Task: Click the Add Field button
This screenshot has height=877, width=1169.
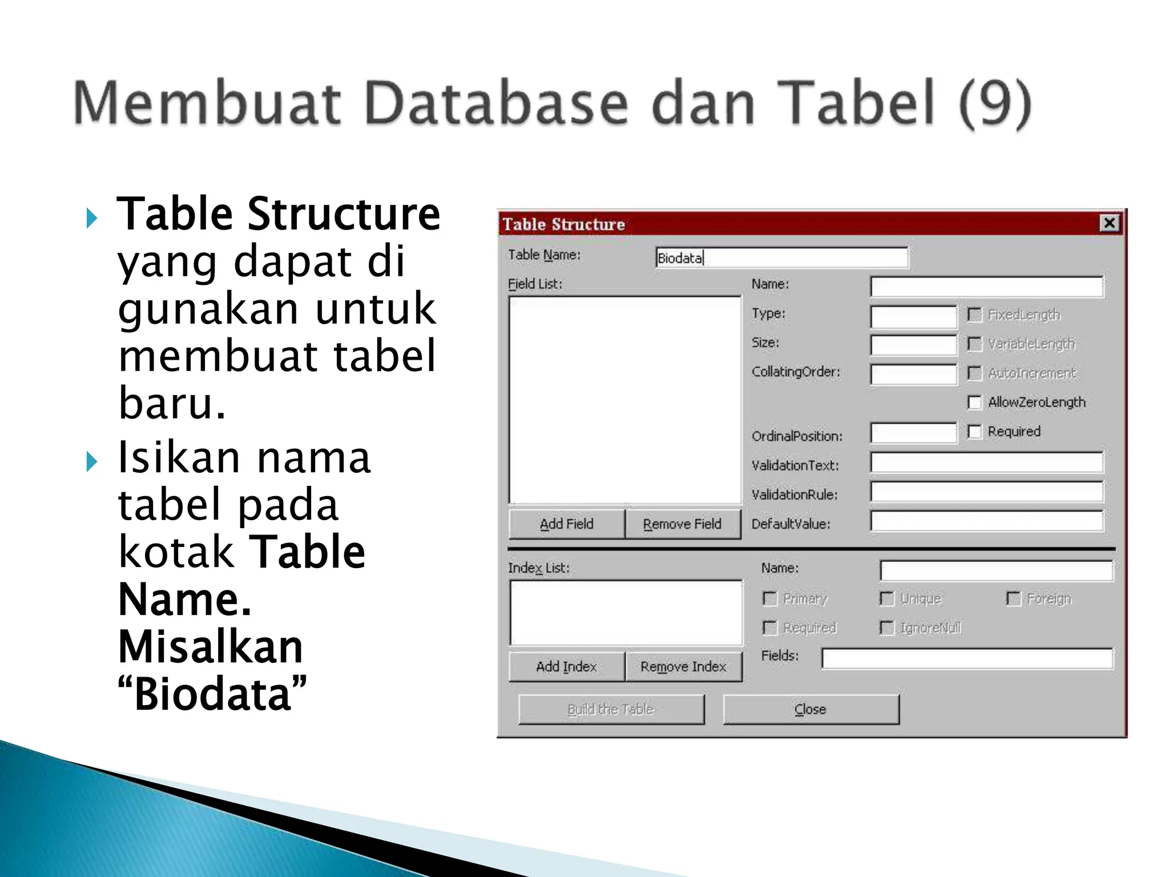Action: click(x=566, y=524)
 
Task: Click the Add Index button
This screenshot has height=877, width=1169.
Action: click(x=566, y=666)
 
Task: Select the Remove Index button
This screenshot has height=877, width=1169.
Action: click(x=683, y=666)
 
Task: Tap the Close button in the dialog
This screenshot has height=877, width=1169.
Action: click(x=811, y=709)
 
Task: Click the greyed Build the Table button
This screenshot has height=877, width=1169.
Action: click(x=611, y=709)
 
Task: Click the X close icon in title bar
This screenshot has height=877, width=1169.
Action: click(x=1109, y=223)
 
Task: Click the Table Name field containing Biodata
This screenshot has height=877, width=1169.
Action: click(x=781, y=258)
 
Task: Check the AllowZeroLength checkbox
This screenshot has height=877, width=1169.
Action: click(x=975, y=403)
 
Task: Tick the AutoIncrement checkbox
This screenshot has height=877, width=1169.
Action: click(x=975, y=373)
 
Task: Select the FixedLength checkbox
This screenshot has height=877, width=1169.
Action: click(x=975, y=315)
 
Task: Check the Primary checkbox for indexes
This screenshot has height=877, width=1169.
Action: click(x=770, y=598)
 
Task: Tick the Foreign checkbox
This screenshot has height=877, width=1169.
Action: click(x=1013, y=598)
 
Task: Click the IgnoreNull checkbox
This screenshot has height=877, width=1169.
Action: click(x=887, y=628)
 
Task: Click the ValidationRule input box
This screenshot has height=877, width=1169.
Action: click(x=986, y=492)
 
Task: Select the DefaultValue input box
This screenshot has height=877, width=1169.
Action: click(x=986, y=521)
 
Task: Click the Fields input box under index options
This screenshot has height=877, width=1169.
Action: click(x=967, y=658)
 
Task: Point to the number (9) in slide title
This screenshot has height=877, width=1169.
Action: click(x=994, y=103)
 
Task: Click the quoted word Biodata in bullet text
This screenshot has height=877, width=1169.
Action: click(x=212, y=695)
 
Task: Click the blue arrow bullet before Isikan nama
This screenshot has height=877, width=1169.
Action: click(x=92, y=461)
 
